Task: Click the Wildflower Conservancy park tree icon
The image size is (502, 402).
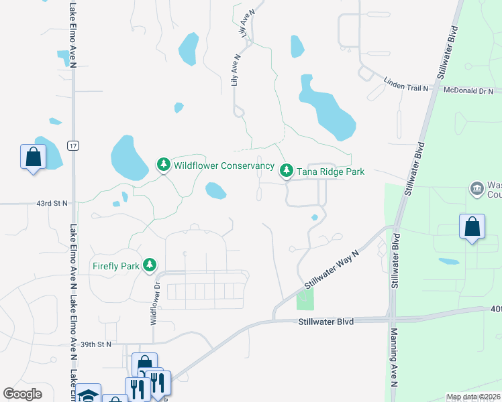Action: [x=163, y=165]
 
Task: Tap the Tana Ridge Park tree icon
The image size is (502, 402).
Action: [x=287, y=172]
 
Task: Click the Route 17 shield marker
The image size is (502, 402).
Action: [x=73, y=145]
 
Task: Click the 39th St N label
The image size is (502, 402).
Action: [x=95, y=344]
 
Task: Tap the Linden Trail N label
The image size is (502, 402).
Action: [x=405, y=84]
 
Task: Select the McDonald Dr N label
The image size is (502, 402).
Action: [x=467, y=90]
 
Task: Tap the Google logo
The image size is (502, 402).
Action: [x=22, y=394]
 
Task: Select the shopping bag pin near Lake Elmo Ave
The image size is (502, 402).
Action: [x=33, y=158]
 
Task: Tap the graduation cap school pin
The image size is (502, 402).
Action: [x=87, y=395]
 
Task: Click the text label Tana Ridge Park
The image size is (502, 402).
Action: [x=331, y=172]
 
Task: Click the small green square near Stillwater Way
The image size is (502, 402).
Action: [x=305, y=299]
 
